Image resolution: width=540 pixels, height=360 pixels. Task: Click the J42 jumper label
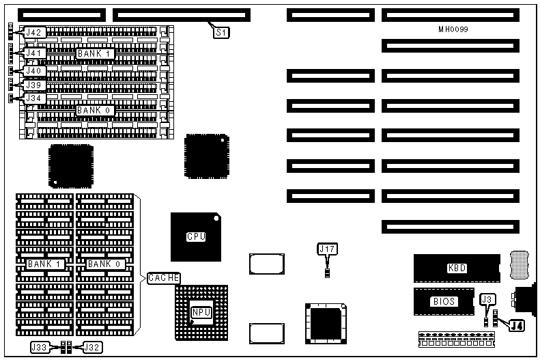[x=35, y=32]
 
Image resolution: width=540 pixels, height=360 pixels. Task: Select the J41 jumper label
[x=35, y=53]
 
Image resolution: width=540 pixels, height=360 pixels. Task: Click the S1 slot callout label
[x=221, y=31]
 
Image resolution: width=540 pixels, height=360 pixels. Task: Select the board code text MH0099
[x=453, y=29]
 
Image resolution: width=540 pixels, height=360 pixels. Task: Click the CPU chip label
[x=196, y=237]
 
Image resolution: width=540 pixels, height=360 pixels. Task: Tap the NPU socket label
[x=201, y=312]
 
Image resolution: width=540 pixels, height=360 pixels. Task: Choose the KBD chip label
[x=457, y=268]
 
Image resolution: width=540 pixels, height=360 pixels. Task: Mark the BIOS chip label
[x=443, y=301]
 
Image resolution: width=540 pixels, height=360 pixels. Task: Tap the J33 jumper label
[x=40, y=347]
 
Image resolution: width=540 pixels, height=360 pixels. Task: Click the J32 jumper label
[x=92, y=347]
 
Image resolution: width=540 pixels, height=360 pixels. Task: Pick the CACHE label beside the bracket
[x=164, y=277]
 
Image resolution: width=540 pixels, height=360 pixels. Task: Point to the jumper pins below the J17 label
[x=328, y=273]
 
